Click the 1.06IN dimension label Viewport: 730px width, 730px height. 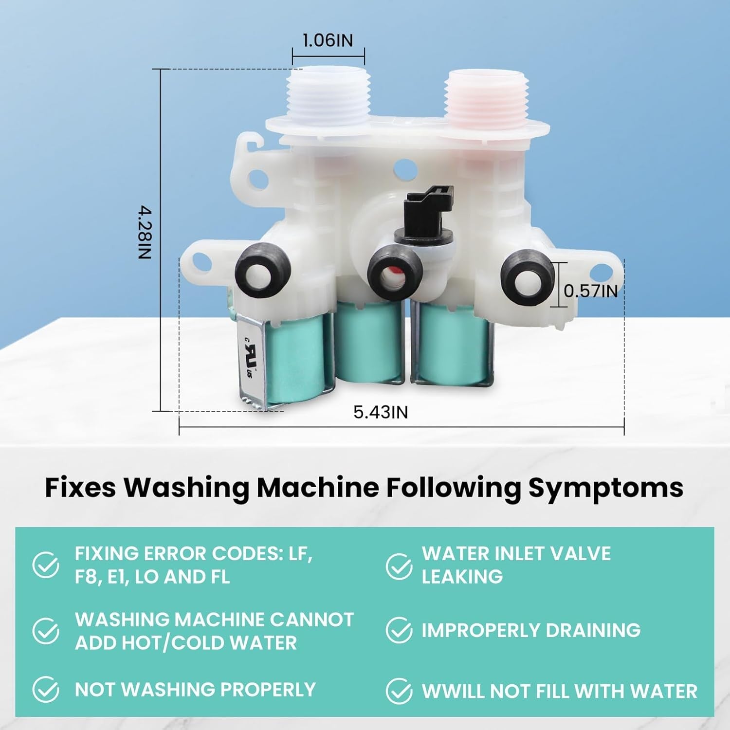click(x=328, y=40)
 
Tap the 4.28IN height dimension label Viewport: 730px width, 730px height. click(x=145, y=233)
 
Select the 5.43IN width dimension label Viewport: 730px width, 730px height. click(x=381, y=412)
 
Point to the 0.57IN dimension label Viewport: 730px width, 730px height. click(x=590, y=291)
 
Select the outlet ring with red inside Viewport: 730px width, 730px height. click(x=393, y=275)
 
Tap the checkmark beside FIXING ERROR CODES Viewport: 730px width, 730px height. click(x=46, y=565)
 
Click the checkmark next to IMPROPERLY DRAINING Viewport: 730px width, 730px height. click(x=399, y=630)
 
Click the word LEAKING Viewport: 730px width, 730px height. click(x=462, y=577)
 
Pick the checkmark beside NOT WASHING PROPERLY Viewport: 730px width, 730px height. click(x=46, y=690)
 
